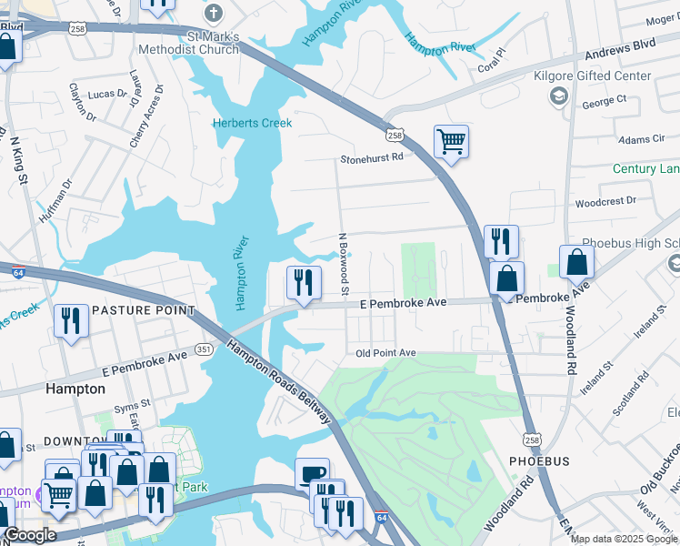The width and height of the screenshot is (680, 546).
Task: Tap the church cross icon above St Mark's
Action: point(214,14)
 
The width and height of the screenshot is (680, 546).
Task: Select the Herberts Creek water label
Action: point(252,123)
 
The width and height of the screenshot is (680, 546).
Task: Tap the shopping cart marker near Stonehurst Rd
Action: point(451,142)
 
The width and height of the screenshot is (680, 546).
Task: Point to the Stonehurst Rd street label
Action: point(371,157)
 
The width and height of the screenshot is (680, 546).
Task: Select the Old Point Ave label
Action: point(385,352)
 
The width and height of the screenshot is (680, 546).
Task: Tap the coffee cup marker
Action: point(313,473)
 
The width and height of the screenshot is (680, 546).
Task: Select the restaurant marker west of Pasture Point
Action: point(70,320)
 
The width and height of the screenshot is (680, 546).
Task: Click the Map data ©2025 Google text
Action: point(624,539)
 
